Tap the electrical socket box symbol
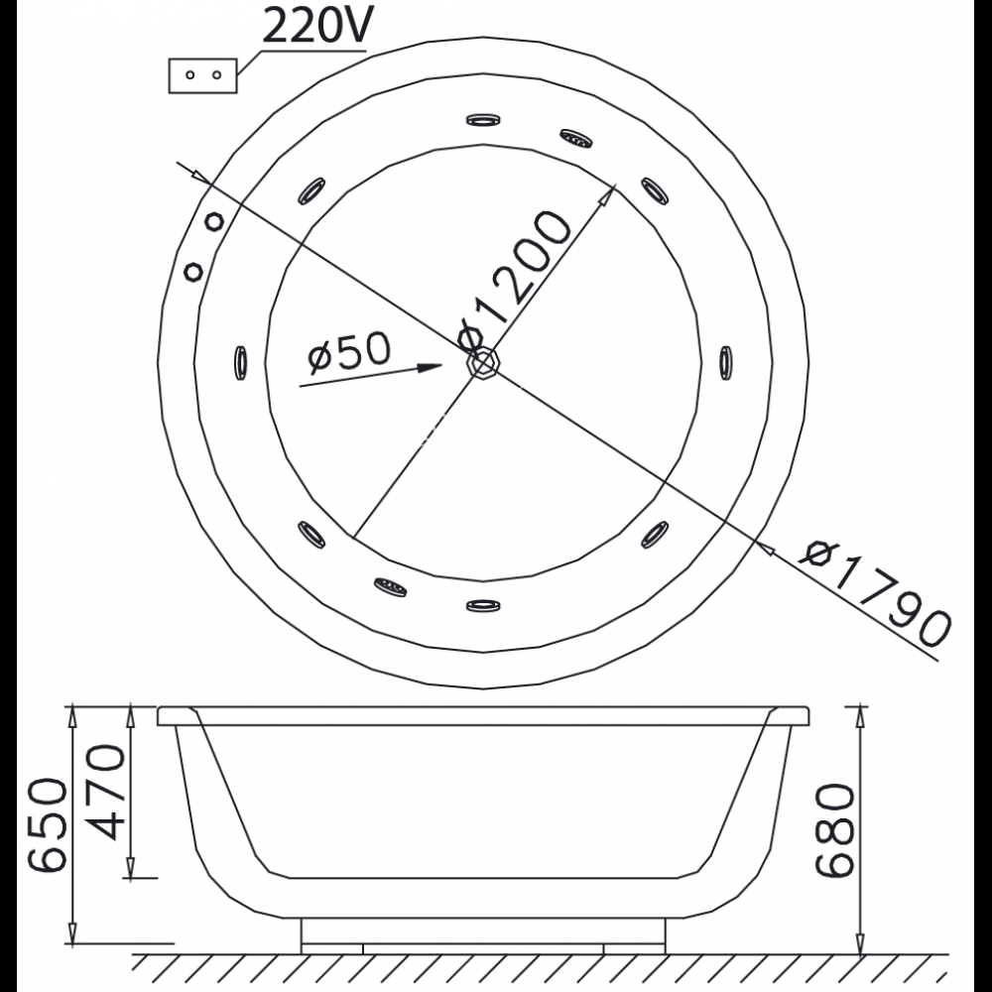202,75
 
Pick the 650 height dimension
48,823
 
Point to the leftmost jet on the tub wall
240,361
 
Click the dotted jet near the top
575,139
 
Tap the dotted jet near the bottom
391,586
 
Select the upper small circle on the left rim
212,221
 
